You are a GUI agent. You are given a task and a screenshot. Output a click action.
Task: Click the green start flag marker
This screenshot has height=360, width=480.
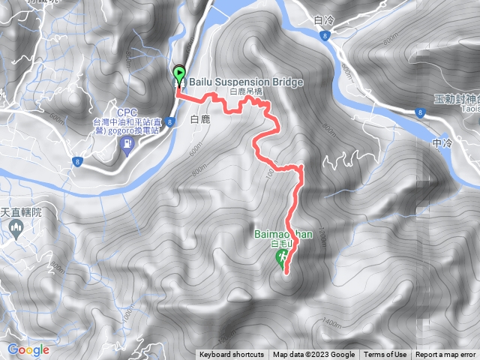click(179, 74)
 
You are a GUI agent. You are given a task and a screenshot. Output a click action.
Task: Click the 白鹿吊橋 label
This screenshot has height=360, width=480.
click(246, 91)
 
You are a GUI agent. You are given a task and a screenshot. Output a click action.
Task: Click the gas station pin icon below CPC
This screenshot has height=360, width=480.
click(126, 148)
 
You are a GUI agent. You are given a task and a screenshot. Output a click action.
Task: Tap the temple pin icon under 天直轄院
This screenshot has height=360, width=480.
click(16, 230)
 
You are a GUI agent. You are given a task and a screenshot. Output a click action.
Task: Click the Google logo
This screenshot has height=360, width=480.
click(28, 349)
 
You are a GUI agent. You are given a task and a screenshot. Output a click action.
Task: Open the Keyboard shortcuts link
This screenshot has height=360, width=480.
click(232, 355)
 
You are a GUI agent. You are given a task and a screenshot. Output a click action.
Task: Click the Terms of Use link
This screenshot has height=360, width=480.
click(385, 355)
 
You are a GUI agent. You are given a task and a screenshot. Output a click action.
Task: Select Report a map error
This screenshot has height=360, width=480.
click(445, 355)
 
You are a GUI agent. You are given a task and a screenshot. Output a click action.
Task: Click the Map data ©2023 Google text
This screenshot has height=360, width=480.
click(313, 355)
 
